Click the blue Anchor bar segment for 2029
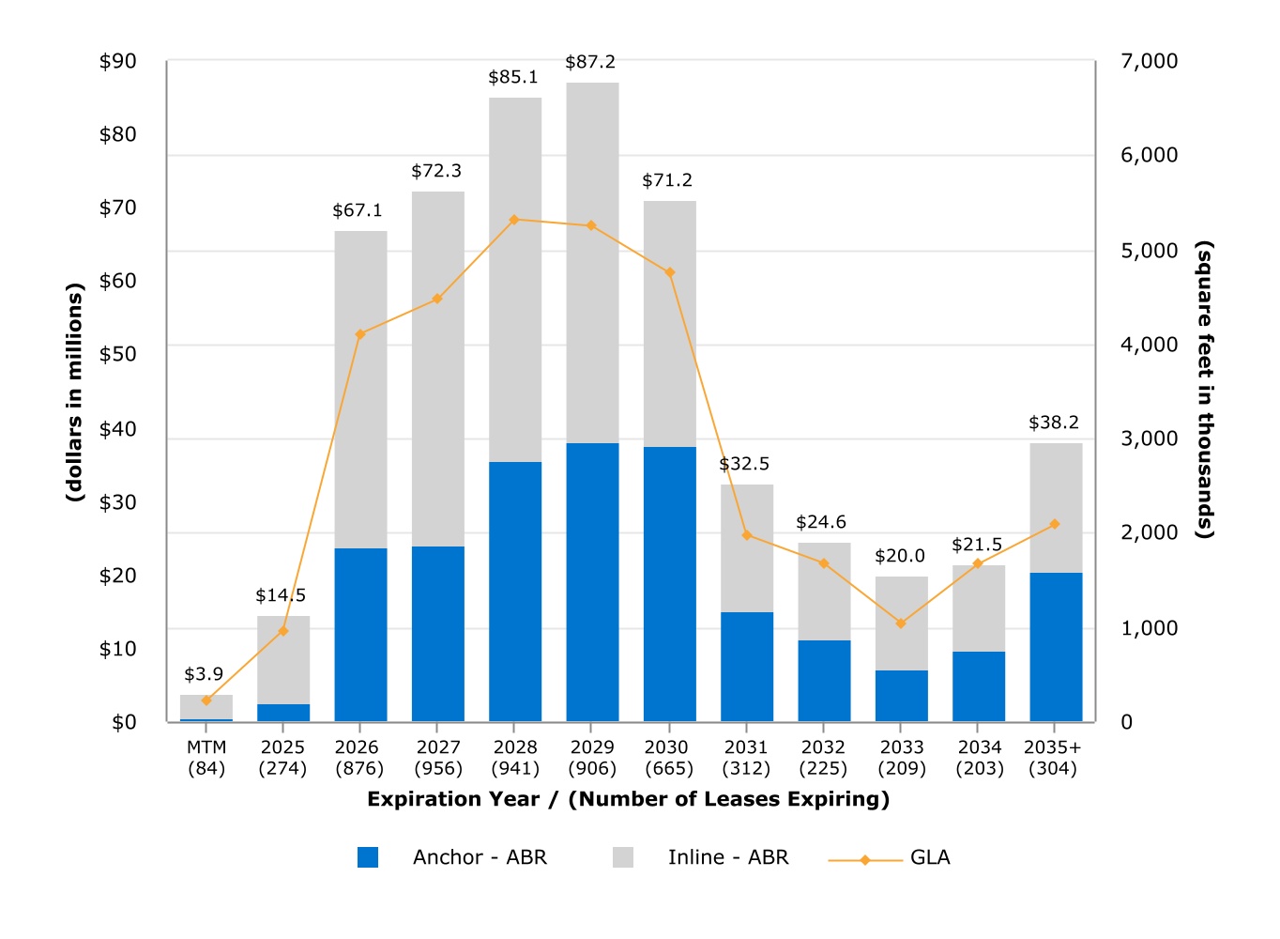pos(592,582)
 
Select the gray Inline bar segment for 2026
pos(360,390)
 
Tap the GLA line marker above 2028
pos(514,220)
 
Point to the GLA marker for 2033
pos(901,623)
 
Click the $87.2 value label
pos(590,62)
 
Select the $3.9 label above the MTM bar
pos(204,674)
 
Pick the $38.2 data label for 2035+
pos(1054,423)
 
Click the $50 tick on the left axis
pos(118,354)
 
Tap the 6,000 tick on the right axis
pos(1149,155)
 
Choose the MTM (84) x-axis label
pos(206,758)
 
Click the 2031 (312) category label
pos(746,758)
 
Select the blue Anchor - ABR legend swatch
pos(368,857)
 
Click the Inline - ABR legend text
pos(728,857)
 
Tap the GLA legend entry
pos(930,857)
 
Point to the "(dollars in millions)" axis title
pos(75,392)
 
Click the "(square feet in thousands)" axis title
pos(1205,390)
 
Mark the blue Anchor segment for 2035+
pos(1056,647)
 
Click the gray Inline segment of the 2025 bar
pos(283,660)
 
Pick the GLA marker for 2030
pos(670,272)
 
